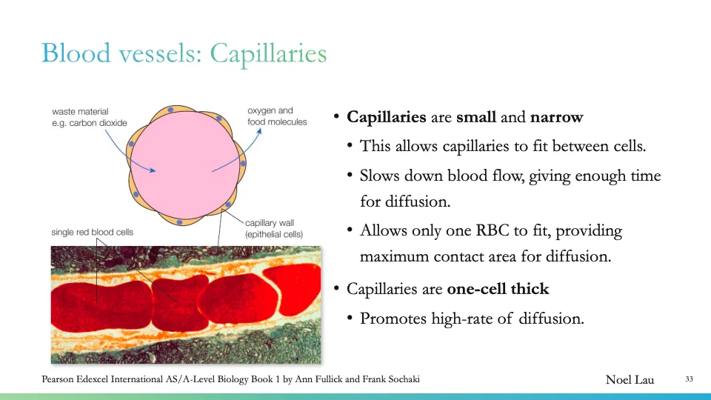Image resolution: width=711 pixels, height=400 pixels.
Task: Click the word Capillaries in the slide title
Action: click(268, 54)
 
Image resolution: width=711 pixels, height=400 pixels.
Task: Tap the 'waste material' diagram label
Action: click(80, 112)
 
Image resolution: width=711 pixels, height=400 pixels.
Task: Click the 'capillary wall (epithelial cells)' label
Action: click(274, 229)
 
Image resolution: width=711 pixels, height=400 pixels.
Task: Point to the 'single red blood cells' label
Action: click(92, 232)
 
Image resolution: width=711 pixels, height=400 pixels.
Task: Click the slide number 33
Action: click(689, 380)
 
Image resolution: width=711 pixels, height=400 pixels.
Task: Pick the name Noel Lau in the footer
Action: click(630, 380)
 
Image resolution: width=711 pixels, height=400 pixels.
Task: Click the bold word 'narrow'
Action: click(556, 117)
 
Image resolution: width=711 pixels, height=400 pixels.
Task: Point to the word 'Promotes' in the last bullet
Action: click(391, 319)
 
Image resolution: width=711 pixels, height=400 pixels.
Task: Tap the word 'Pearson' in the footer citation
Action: click(59, 380)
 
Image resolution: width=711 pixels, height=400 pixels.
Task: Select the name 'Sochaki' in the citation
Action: click(401, 380)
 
